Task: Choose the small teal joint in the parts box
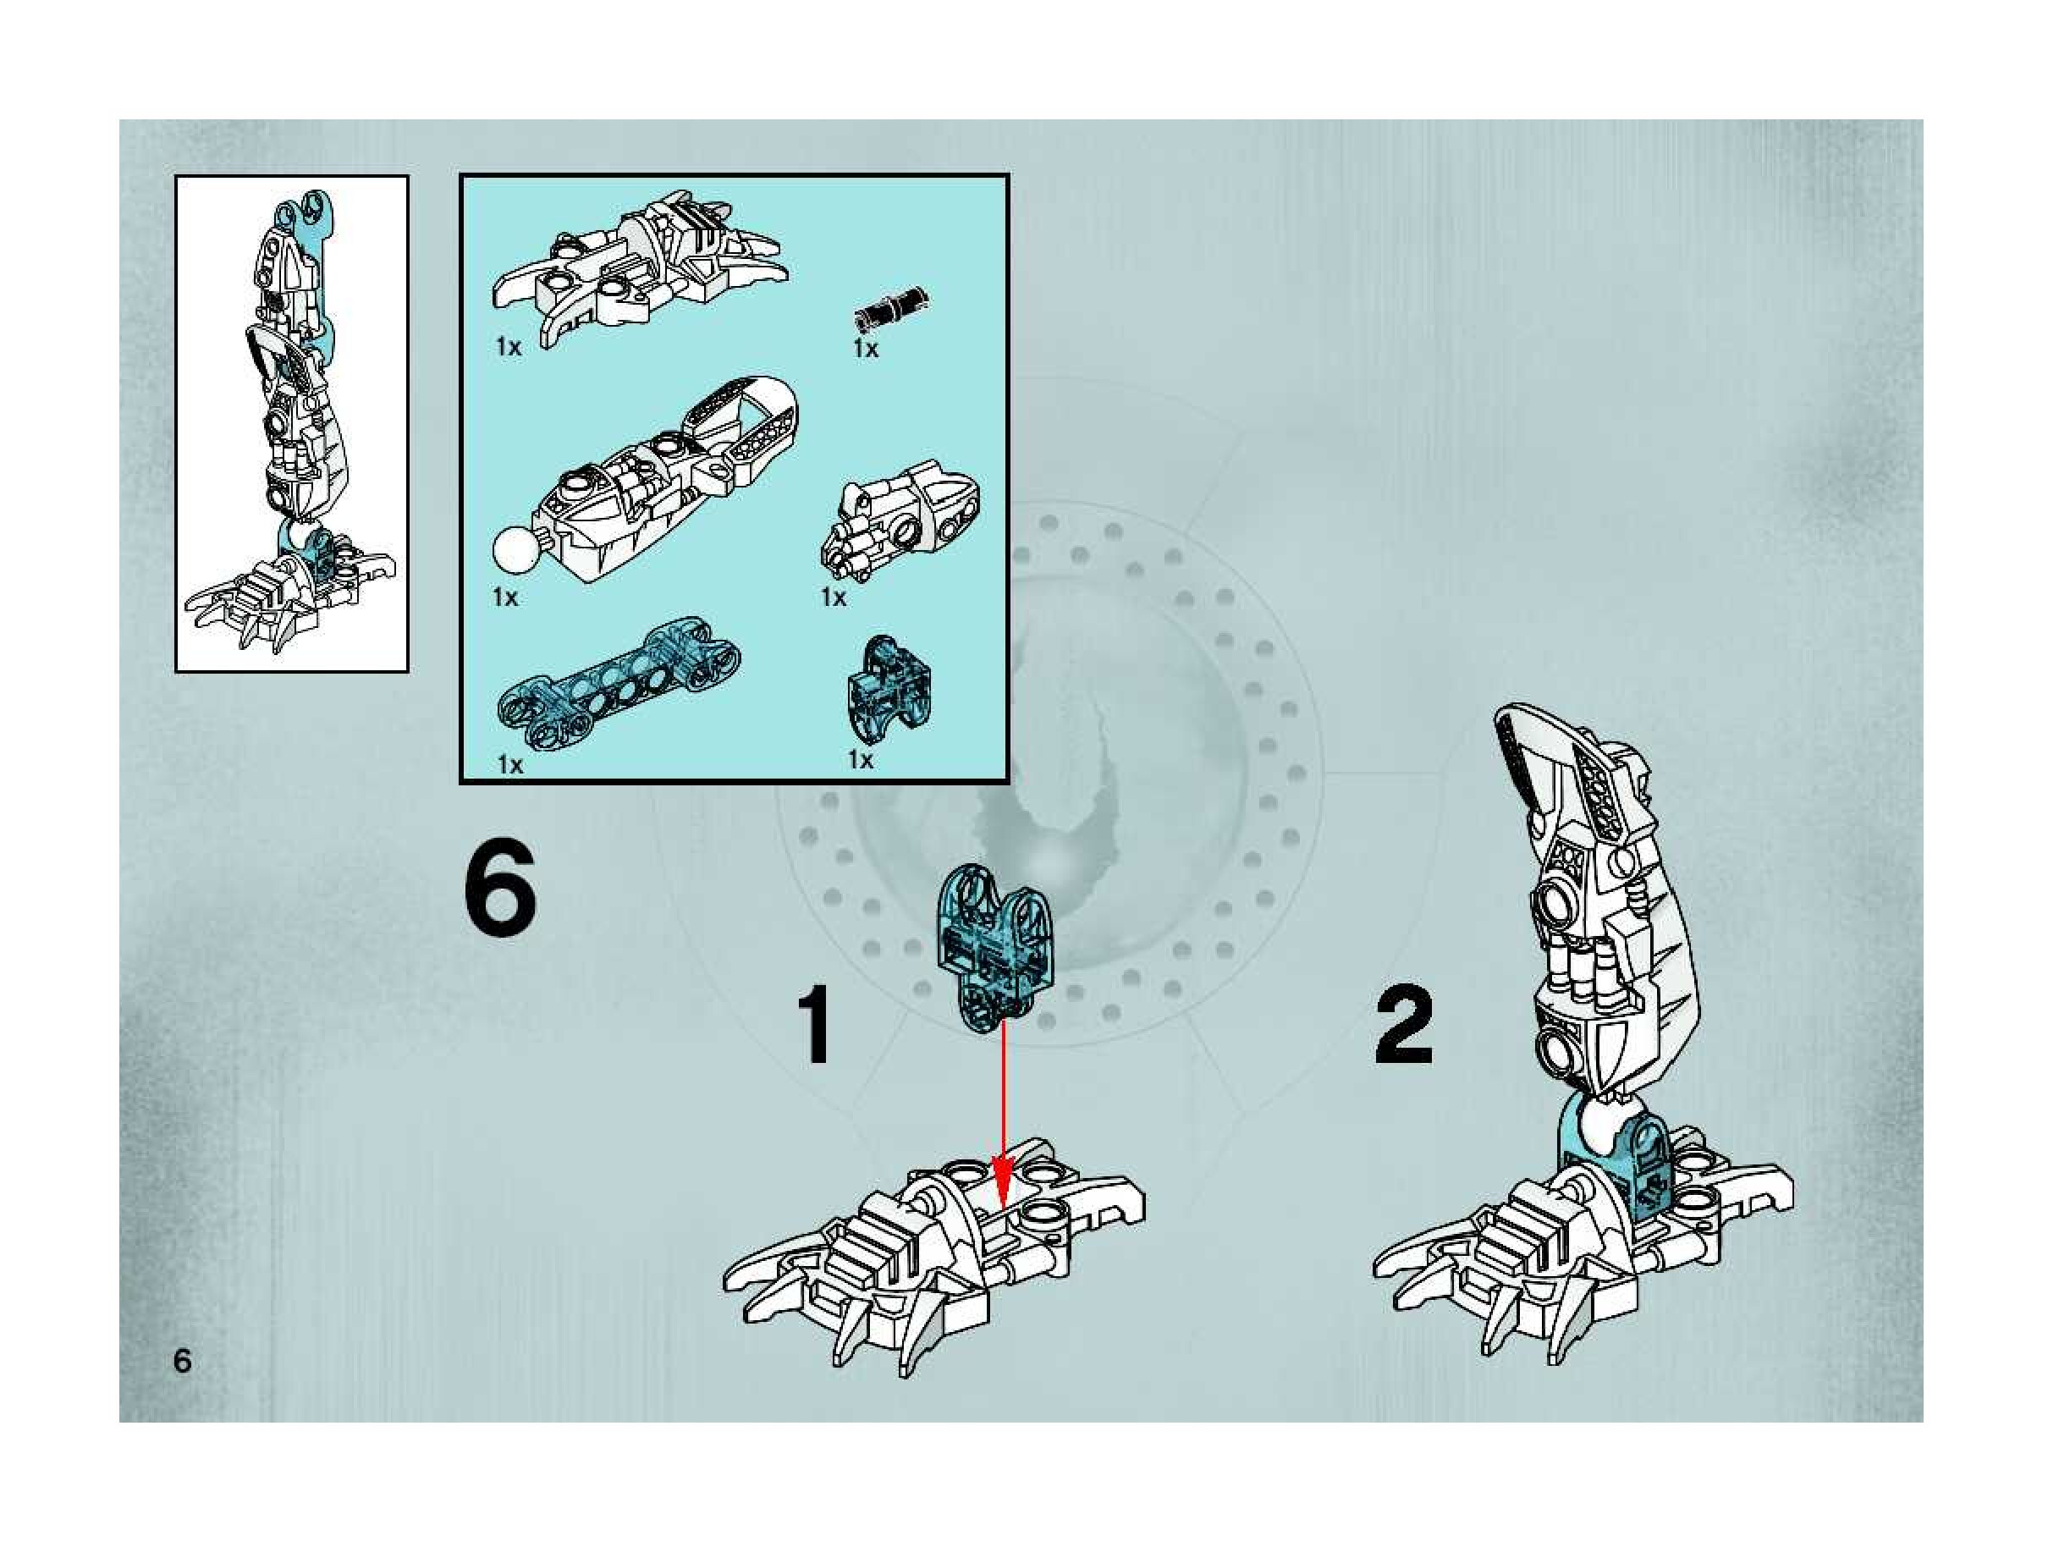pos(888,687)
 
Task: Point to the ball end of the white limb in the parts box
pos(516,553)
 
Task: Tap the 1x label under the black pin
pos(866,348)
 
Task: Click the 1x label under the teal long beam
pos(510,765)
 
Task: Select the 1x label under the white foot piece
pos(509,347)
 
